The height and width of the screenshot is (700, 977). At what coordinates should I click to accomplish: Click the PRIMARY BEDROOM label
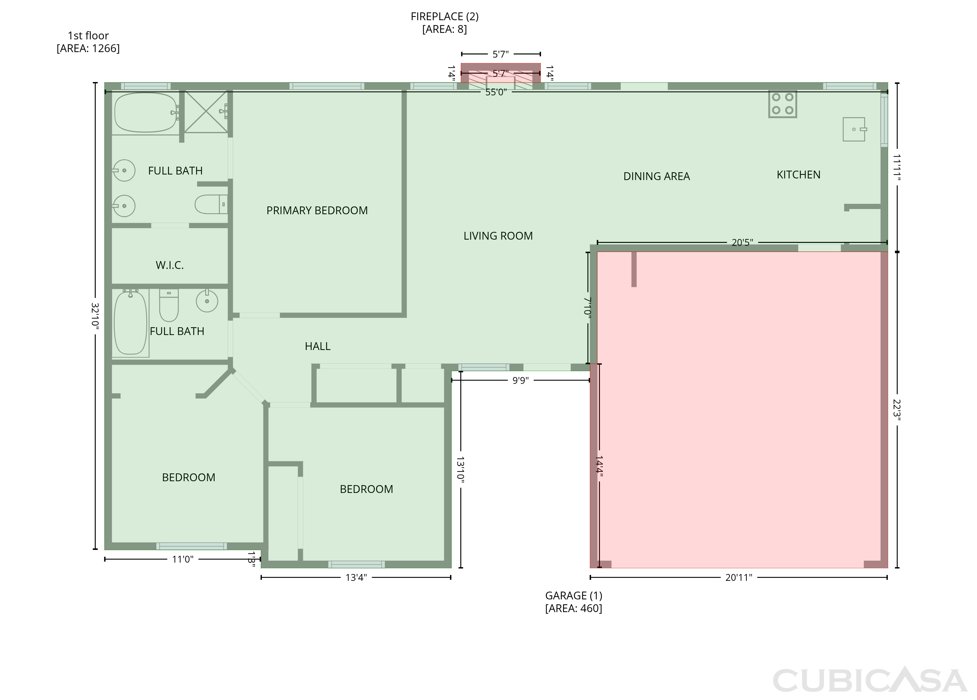317,211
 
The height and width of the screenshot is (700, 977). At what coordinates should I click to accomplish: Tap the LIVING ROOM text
498,236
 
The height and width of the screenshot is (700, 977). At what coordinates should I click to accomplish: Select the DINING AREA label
657,176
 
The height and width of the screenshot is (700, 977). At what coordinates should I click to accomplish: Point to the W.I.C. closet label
170,265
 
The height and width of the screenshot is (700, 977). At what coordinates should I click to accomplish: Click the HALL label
318,346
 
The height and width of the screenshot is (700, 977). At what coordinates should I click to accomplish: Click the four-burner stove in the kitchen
783,104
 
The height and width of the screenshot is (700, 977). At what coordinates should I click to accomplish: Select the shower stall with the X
206,112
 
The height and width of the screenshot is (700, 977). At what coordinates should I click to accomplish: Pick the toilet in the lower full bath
169,305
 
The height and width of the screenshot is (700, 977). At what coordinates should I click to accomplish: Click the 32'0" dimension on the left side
95,316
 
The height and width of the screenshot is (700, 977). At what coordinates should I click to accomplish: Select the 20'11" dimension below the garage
739,578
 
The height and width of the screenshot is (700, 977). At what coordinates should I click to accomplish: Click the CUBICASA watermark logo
870,680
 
